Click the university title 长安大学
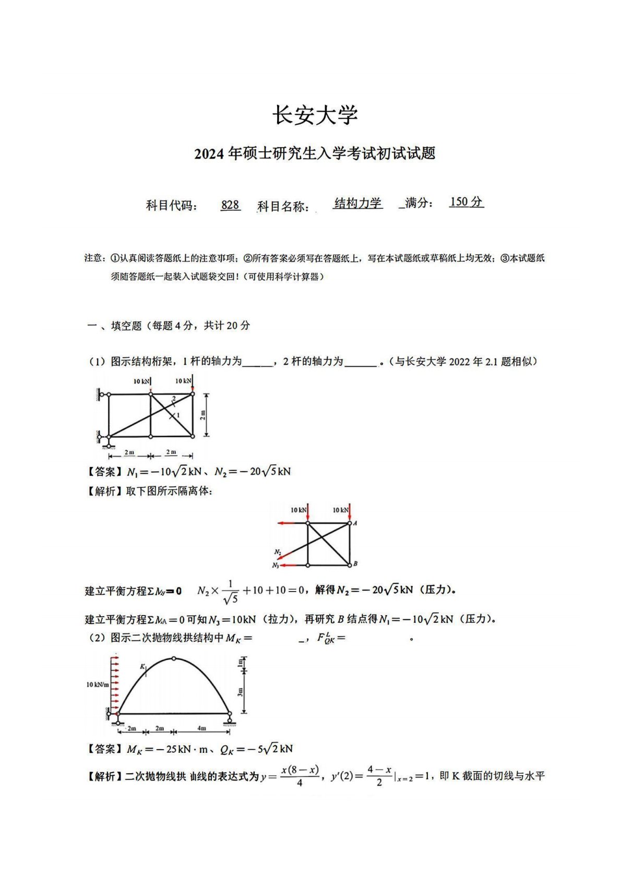point(315,115)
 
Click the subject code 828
point(230,205)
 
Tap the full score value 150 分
point(466,202)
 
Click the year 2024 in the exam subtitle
point(209,154)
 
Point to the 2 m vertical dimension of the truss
point(203,415)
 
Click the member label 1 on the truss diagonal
point(177,415)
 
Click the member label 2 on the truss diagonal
point(174,399)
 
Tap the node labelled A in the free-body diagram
point(355,523)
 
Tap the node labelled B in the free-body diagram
point(355,563)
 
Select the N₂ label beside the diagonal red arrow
point(278,552)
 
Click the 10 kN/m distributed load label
point(98,684)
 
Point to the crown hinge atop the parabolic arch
point(174,658)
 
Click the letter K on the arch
point(142,666)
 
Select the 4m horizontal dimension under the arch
point(201,728)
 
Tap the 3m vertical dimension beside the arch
point(240,692)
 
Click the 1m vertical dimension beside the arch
point(241,663)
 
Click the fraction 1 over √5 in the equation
point(230,592)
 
